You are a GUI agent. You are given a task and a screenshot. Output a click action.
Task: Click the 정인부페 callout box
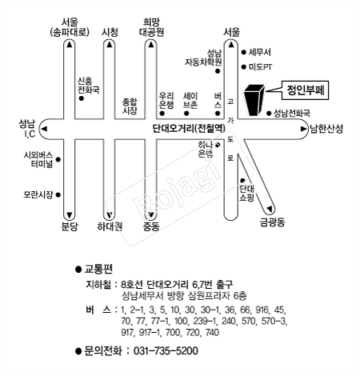pos(305,90)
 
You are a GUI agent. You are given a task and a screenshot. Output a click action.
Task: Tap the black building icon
pos(254,100)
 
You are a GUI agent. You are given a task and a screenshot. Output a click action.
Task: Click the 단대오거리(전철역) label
pos(189,129)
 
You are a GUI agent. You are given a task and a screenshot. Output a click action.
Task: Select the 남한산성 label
pos(326,129)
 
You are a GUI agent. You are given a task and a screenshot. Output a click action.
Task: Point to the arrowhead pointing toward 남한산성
pos(303,129)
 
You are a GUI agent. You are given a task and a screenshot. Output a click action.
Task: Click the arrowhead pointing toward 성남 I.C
pos(44,129)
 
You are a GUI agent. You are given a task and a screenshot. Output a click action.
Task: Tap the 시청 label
pos(110,32)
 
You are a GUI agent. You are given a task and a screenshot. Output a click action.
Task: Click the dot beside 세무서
pos(243,52)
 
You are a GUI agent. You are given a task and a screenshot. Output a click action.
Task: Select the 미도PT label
pos(260,67)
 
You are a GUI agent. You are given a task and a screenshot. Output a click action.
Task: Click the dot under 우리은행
pos(162,114)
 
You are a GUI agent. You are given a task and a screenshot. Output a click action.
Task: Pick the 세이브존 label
pos(190,100)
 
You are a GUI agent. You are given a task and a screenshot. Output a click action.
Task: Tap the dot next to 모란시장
pos(58,195)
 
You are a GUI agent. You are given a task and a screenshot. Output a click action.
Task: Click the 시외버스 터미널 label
pos(38,159)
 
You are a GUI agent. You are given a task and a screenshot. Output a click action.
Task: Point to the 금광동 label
pos(272,222)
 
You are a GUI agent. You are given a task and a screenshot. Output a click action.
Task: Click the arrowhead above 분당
pos(70,214)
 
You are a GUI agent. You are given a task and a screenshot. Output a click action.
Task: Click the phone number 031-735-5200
pos(166,350)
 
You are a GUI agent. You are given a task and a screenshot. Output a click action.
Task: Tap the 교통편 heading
pos(98,269)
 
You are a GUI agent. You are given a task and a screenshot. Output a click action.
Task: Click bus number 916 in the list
pos(262,310)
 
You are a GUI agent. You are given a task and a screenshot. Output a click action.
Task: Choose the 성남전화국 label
pos(292,114)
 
